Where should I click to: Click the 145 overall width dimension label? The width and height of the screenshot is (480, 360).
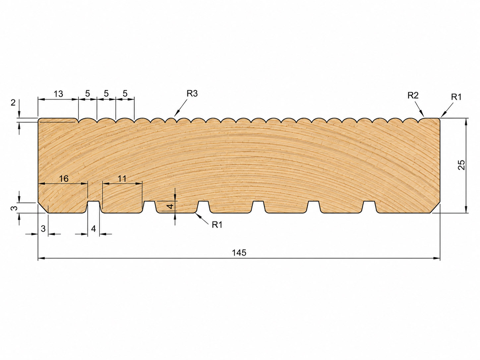pos(239,253)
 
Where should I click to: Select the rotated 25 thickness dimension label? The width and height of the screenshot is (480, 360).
pos(461,165)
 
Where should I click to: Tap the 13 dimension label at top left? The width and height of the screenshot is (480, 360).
pos(58,94)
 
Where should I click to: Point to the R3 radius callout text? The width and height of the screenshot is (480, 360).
pos(192,93)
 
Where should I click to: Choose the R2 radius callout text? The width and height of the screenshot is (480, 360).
pos(413,95)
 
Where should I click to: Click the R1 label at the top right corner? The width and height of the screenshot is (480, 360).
pos(456,97)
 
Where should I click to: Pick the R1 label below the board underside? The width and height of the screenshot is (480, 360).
pos(217,225)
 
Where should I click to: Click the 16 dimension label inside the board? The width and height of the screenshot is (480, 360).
pos(64,179)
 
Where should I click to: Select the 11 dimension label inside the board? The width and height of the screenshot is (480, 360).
pos(122,179)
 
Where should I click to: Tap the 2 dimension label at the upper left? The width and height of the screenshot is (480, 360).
pos(13,102)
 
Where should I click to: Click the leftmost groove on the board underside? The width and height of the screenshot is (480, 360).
pos(94,207)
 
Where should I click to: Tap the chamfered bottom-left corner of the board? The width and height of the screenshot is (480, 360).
pos(43,208)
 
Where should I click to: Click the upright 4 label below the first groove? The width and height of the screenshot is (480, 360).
pos(93,229)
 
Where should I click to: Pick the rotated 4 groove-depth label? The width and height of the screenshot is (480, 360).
pos(171,206)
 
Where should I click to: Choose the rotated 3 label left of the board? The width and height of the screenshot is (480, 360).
pos(14,208)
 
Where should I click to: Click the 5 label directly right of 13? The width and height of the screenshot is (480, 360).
pos(87,94)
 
